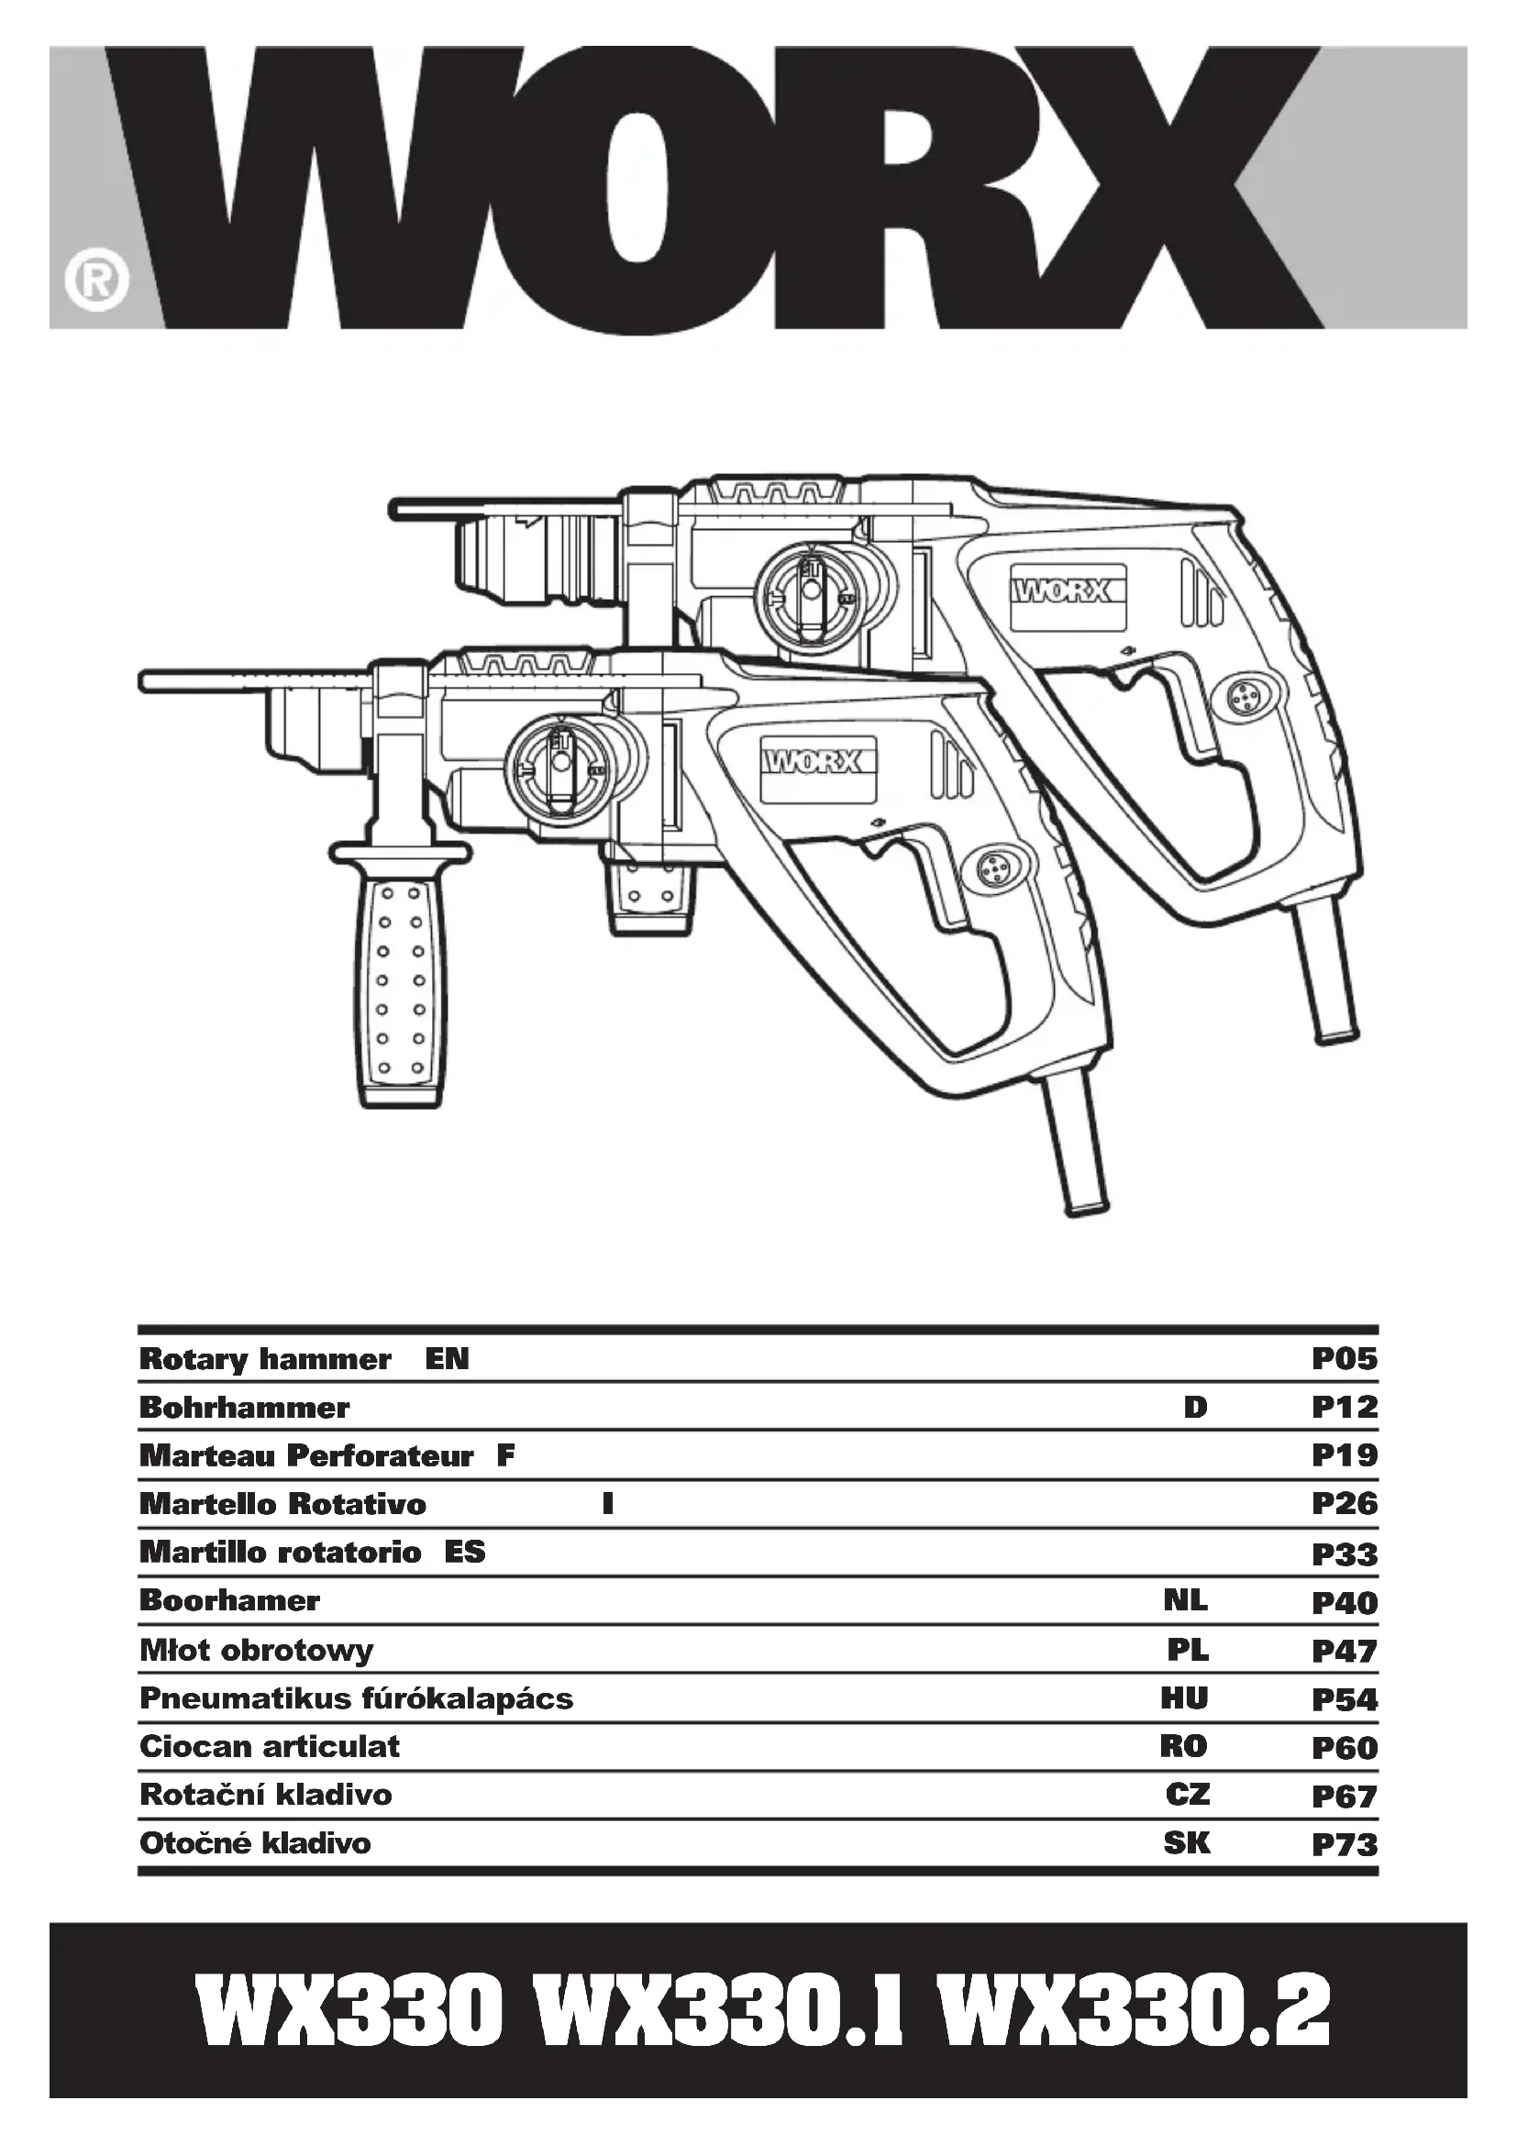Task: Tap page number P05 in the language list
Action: tap(1345, 1359)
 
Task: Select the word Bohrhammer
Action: tap(244, 1408)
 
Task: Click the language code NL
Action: tap(1185, 1601)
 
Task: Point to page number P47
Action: tap(1345, 1651)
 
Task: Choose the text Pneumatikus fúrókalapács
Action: tap(356, 1698)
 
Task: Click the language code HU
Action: tap(1184, 1698)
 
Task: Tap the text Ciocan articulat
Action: tap(269, 1747)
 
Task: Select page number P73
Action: tap(1345, 1845)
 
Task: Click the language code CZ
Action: tap(1187, 1795)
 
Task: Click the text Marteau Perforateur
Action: tap(305, 1456)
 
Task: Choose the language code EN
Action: tap(447, 1359)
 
